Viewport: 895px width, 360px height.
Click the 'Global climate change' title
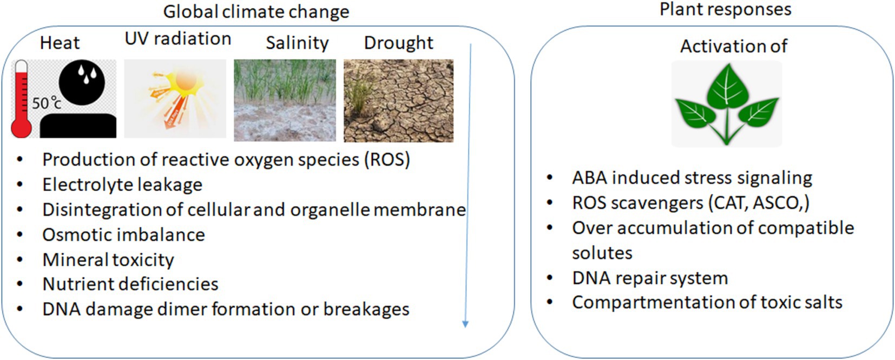(x=256, y=12)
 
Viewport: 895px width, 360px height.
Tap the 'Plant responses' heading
(x=725, y=10)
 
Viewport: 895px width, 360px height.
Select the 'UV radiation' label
(x=178, y=39)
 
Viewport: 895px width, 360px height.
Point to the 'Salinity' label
(x=297, y=43)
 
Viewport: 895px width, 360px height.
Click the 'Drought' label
(x=398, y=43)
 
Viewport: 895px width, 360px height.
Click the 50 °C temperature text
(x=47, y=103)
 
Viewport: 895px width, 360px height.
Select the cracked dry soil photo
(x=398, y=101)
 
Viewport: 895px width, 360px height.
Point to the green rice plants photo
(x=285, y=100)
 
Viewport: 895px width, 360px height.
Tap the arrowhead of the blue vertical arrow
(x=465, y=324)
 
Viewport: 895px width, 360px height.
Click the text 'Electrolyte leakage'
(x=122, y=185)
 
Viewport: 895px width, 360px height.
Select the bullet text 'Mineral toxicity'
(x=108, y=260)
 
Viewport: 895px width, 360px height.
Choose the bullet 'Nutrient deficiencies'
(x=130, y=284)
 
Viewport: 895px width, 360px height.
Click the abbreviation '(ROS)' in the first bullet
(x=387, y=160)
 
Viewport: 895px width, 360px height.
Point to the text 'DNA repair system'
(x=650, y=278)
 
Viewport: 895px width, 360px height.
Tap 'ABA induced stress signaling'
(x=692, y=178)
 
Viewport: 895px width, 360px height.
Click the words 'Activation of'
(x=734, y=46)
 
